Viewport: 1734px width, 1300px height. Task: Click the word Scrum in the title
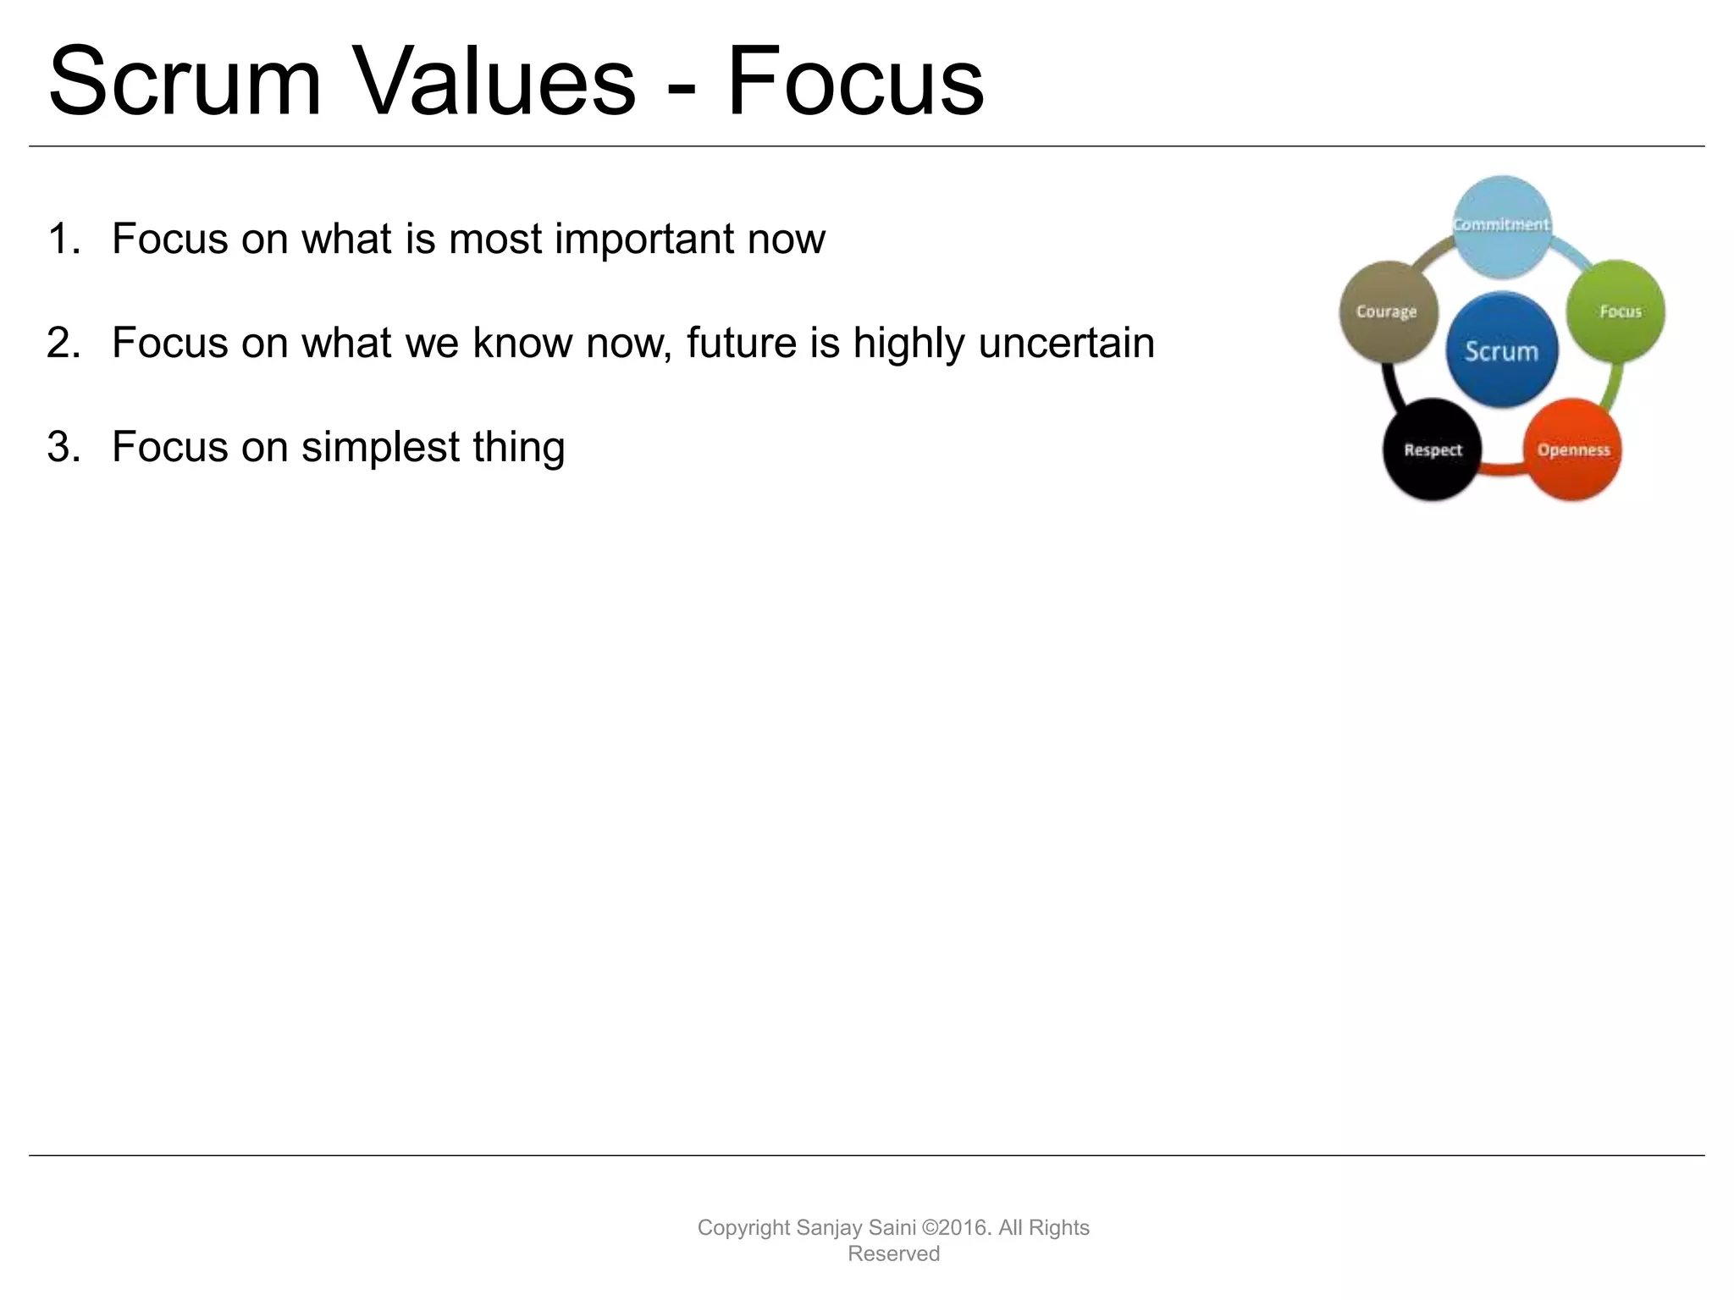tap(185, 82)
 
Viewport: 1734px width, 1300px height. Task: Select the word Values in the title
tap(493, 82)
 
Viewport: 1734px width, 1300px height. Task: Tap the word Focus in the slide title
tap(855, 82)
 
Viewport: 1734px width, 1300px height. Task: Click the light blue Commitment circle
tap(1502, 225)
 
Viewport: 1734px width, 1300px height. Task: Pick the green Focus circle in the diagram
tap(1616, 311)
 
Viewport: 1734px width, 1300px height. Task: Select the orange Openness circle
tap(1573, 449)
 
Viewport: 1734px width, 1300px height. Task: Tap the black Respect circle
tap(1432, 449)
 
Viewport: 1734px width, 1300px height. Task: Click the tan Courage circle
tap(1387, 311)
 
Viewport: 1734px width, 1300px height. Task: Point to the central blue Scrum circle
tap(1501, 350)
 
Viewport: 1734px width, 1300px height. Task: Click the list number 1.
tap(64, 240)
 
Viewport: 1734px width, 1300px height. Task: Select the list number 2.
tap(64, 344)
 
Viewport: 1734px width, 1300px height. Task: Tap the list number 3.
tap(64, 448)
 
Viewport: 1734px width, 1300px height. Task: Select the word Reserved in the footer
tap(893, 1253)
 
